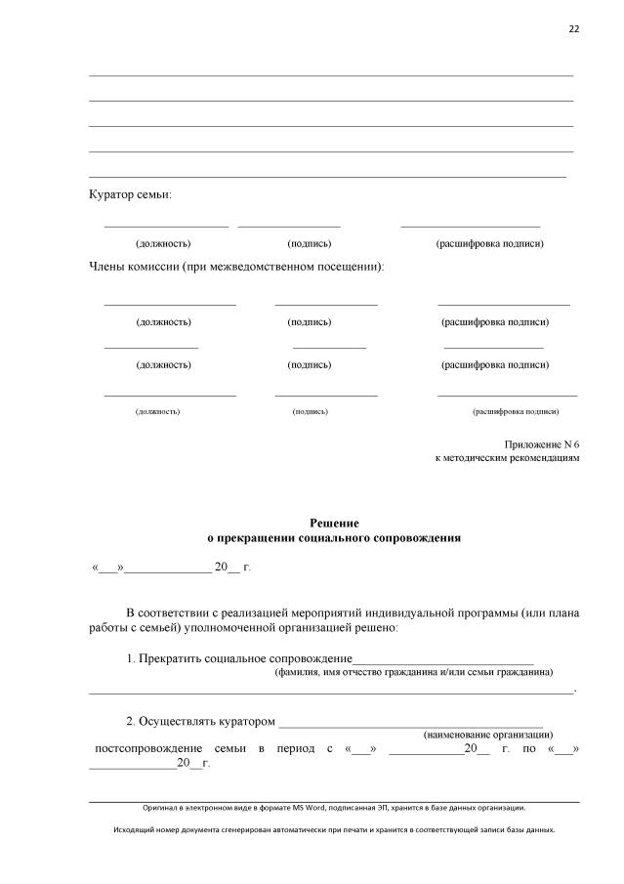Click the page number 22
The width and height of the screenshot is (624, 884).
point(574,28)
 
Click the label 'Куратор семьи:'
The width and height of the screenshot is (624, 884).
point(130,195)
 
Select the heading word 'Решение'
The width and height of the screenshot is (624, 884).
point(335,524)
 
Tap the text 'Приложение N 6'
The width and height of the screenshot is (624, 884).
point(542,443)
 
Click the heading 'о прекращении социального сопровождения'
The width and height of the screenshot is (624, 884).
point(335,538)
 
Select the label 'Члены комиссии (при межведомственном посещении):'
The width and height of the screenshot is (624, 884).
point(236,267)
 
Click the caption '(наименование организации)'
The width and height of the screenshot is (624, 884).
point(487,734)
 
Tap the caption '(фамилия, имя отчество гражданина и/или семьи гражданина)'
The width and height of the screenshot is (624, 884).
point(414,673)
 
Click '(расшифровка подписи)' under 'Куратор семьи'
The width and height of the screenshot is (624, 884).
point(489,243)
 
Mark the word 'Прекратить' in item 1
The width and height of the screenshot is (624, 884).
point(173,659)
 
